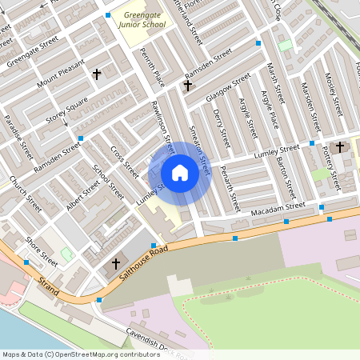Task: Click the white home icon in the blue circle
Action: tap(180, 173)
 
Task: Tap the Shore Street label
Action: tap(41, 251)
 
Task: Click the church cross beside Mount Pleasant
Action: tap(97, 74)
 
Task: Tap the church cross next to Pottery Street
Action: tap(340, 146)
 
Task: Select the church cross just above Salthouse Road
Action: tap(115, 263)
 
